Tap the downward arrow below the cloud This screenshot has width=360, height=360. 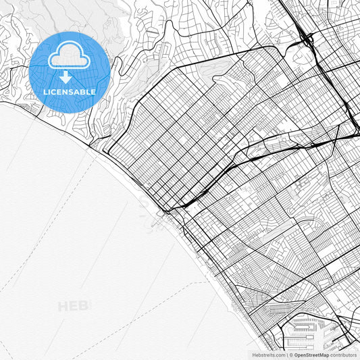66,76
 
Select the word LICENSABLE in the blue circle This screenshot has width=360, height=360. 70,91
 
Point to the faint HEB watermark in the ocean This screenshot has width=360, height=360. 73,306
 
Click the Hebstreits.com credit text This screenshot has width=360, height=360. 269,354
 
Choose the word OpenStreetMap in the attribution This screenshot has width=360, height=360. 311,354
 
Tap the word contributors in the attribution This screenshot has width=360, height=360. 343,354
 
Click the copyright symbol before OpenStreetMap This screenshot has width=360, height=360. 291,354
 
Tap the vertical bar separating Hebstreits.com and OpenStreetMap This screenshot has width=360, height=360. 286,354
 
